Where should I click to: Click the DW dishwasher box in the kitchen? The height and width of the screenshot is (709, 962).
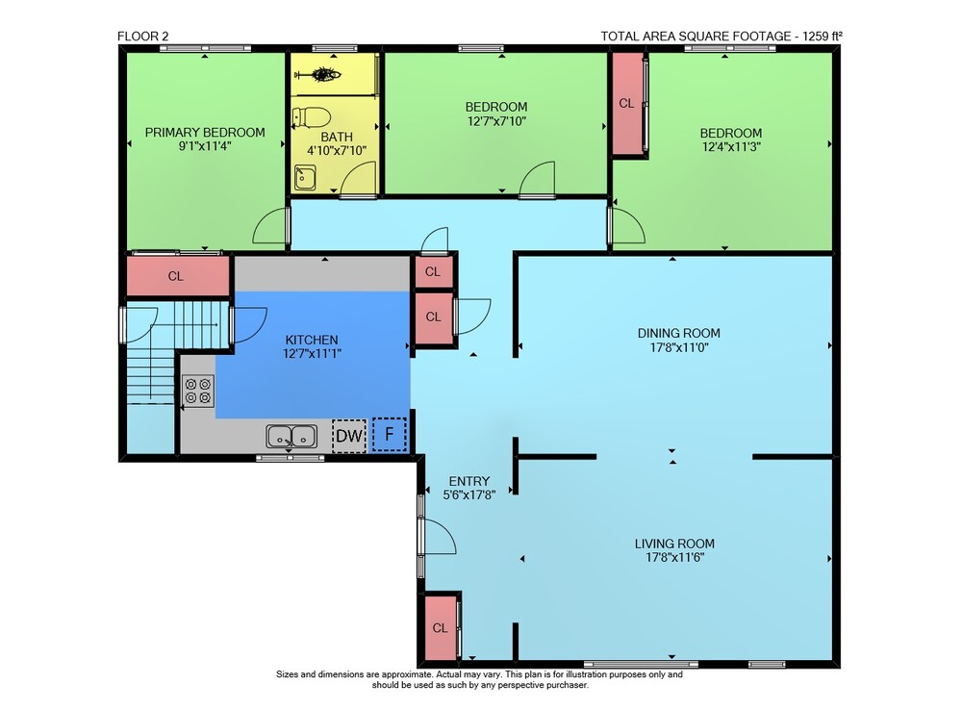[349, 436]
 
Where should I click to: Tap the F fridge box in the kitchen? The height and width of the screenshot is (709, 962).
[389, 434]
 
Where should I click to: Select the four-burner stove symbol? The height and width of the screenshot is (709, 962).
[198, 391]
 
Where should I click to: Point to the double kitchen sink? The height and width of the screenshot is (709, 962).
[292, 436]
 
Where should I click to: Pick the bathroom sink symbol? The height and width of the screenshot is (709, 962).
[305, 177]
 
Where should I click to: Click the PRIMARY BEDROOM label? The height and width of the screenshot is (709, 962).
[205, 133]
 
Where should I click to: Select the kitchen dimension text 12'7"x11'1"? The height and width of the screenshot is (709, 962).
[312, 353]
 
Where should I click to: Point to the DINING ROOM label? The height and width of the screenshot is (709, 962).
[678, 333]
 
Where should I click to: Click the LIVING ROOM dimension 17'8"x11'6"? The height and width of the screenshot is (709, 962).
[674, 558]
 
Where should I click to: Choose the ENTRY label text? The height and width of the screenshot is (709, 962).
[469, 481]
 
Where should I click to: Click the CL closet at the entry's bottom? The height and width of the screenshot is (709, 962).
[441, 627]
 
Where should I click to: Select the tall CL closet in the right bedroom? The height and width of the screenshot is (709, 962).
[627, 103]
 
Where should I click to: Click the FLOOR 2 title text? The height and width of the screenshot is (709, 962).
[143, 37]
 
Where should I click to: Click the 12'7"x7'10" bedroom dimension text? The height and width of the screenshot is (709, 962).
[496, 121]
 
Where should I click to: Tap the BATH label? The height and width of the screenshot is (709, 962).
[337, 137]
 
